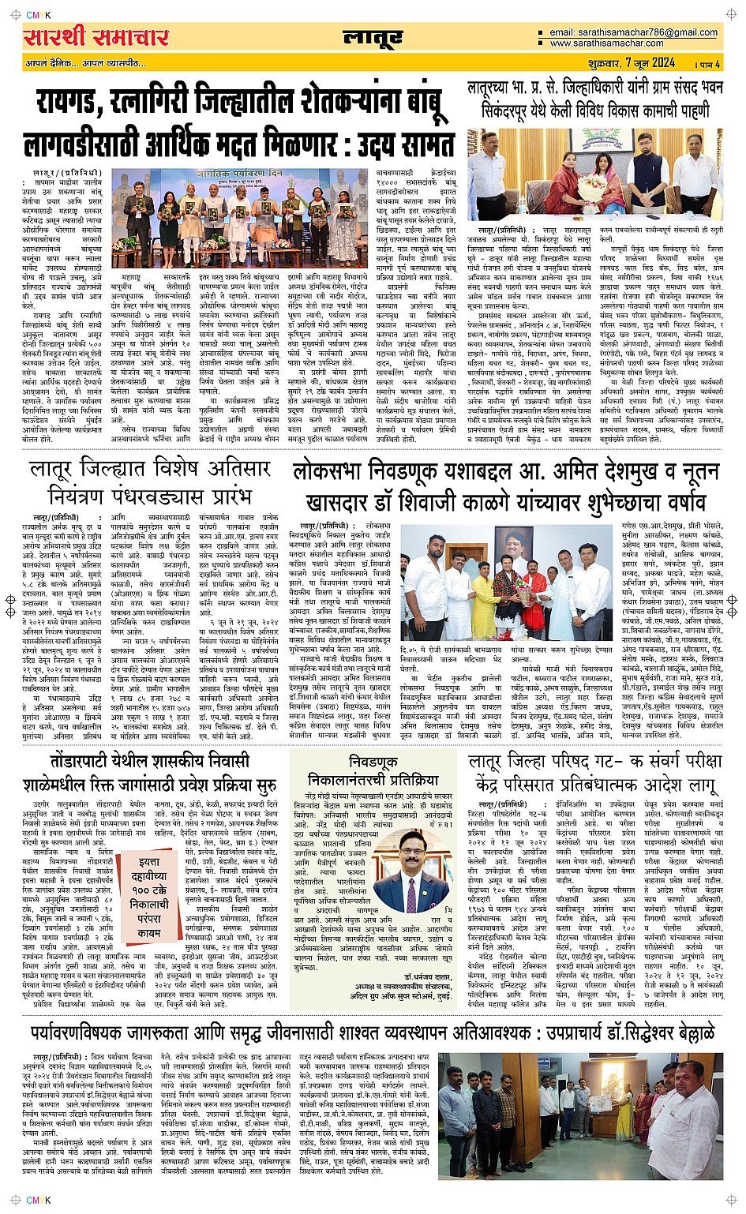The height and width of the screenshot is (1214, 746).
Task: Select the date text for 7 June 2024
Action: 650,62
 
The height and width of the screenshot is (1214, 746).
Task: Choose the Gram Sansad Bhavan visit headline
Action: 594,99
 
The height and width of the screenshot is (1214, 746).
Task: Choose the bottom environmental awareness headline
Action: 372,1032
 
